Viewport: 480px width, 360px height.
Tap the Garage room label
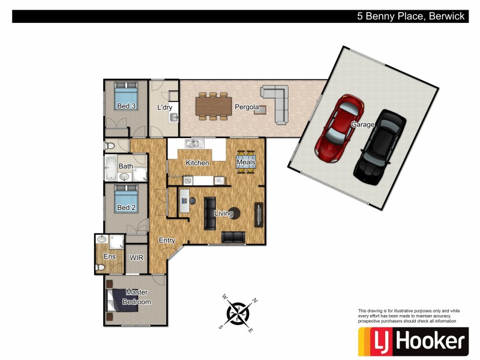(362, 125)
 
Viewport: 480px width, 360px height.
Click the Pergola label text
(247, 108)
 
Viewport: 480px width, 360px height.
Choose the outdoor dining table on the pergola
(214, 106)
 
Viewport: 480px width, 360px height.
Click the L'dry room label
(164, 108)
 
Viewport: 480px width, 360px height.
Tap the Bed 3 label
(126, 107)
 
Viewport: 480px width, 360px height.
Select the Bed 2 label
(126, 208)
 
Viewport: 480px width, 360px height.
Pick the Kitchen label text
(197, 163)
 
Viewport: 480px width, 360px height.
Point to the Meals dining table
(247, 162)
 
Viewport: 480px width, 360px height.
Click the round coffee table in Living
(236, 213)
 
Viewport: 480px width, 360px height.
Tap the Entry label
(167, 241)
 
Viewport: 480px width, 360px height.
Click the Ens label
(109, 257)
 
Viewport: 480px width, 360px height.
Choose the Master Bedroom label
(137, 297)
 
